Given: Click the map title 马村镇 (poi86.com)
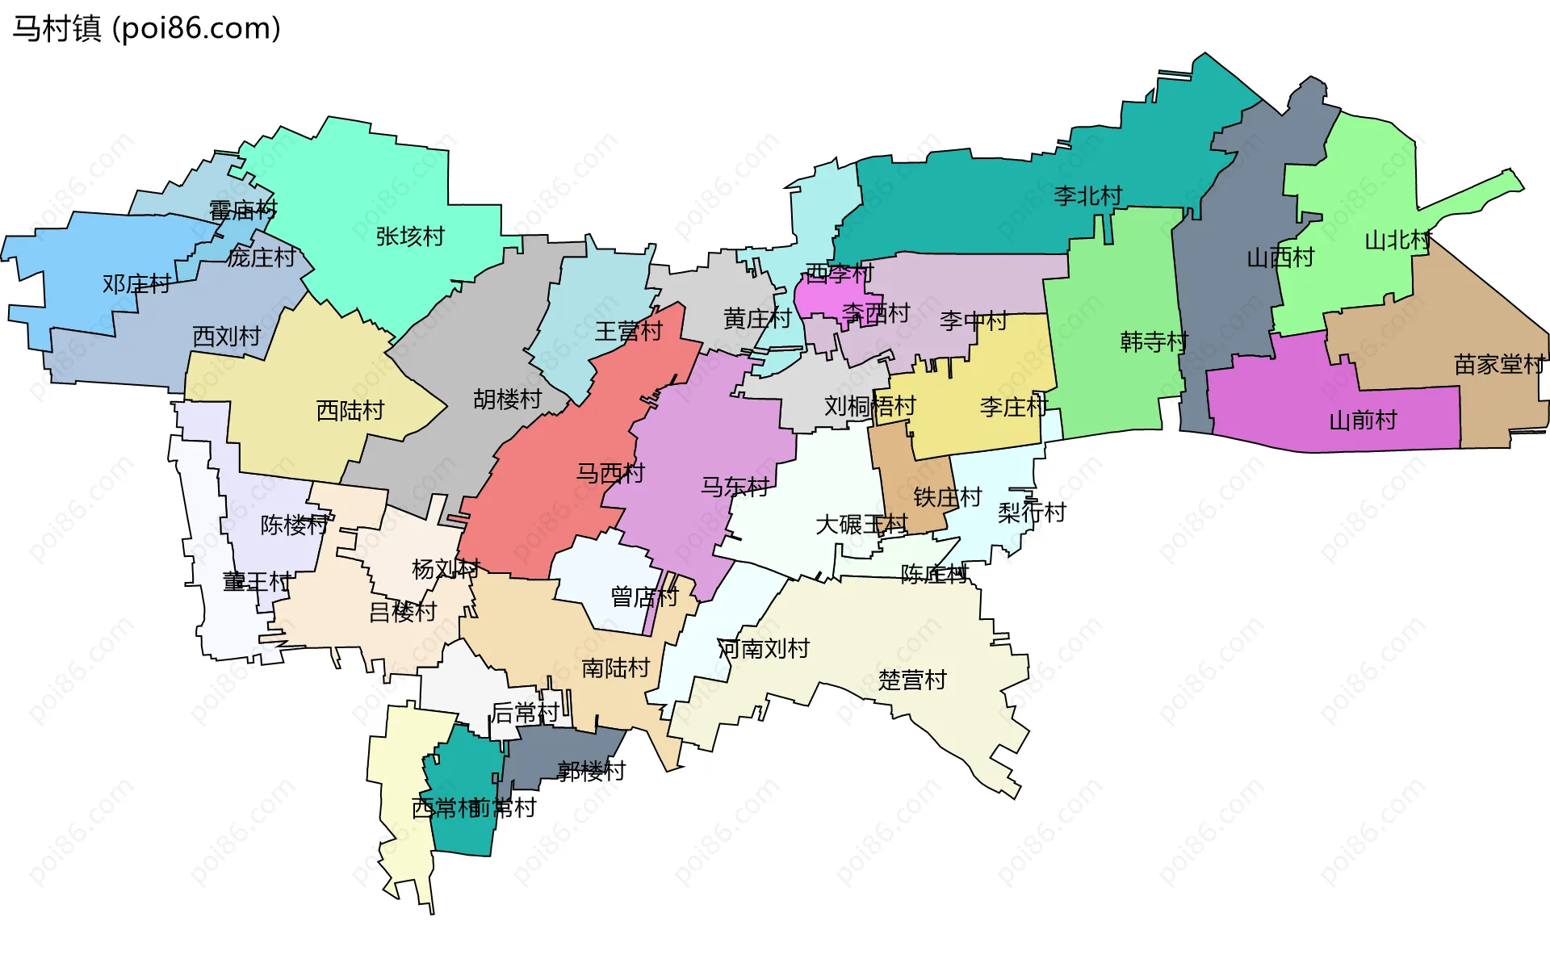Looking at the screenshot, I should point(146,28).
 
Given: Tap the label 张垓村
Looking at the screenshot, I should point(410,237).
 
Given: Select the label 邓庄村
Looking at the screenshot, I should point(136,284).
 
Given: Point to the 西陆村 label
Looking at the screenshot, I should point(350,411).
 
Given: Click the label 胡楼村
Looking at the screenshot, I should point(507,400).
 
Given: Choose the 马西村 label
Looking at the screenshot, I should point(610,473).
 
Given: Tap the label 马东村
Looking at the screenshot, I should point(735,487).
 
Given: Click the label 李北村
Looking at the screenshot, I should point(1087,195).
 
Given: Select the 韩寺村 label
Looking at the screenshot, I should point(1154,342).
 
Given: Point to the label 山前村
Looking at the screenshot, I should point(1363,421).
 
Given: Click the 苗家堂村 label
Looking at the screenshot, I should point(1499,365).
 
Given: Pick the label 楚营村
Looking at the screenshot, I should point(912,680).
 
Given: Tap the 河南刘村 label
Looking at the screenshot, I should point(763,648).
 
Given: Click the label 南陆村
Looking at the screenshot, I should point(615,668).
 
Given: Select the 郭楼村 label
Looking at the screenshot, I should point(591,772).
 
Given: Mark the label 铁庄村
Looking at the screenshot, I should point(947,497).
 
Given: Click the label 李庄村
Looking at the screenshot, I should point(1013,407).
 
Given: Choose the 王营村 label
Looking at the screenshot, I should point(628,332).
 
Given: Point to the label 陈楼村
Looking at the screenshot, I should point(294,525).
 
